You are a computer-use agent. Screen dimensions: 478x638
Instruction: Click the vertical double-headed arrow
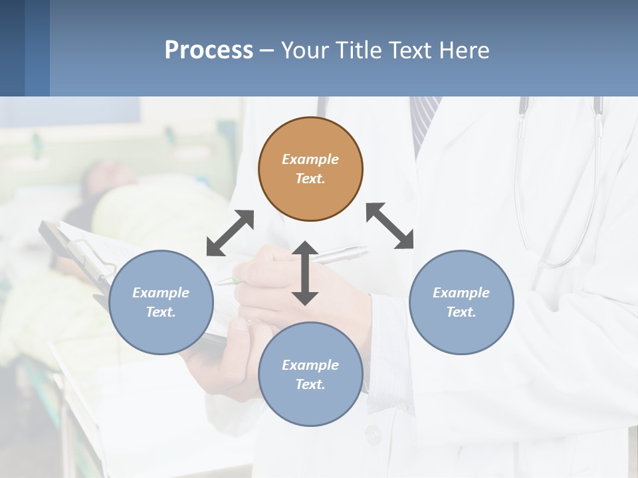(x=305, y=273)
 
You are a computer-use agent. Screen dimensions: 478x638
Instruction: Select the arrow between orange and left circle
(x=230, y=233)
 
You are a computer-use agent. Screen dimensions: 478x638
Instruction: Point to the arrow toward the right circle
(x=389, y=226)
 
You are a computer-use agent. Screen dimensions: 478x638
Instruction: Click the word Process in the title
(x=209, y=50)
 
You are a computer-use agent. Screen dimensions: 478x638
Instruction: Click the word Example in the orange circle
(x=310, y=159)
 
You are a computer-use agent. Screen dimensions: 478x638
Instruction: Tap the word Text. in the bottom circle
(x=310, y=384)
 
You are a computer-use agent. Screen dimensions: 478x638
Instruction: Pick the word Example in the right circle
(x=461, y=293)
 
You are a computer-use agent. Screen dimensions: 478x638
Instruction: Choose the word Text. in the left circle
(x=161, y=312)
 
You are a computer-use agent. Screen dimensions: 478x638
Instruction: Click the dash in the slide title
(x=266, y=50)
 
